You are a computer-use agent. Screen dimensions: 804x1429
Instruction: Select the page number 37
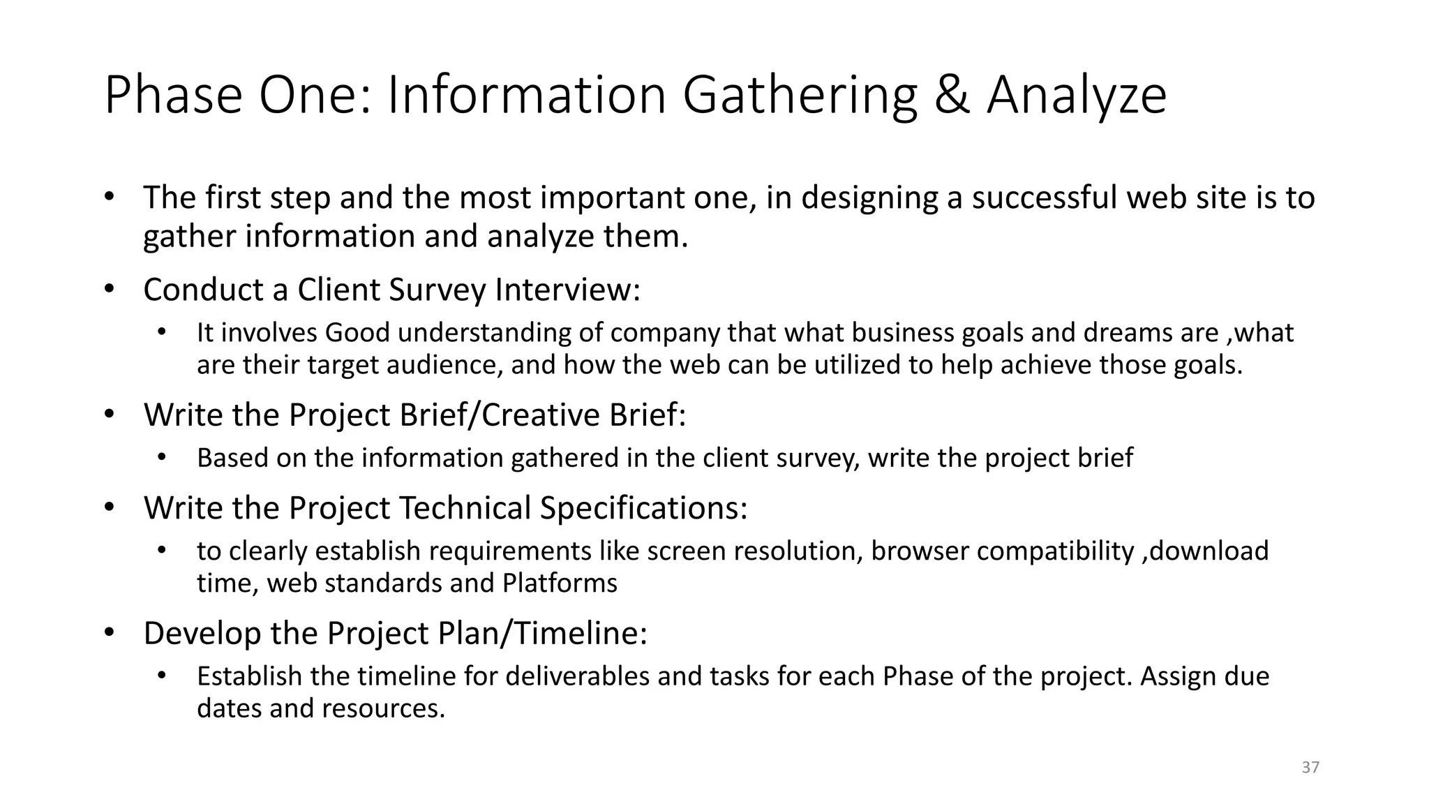click(1310, 768)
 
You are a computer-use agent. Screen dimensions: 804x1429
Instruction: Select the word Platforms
click(560, 583)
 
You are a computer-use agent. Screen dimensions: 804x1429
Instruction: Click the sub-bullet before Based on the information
click(163, 458)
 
